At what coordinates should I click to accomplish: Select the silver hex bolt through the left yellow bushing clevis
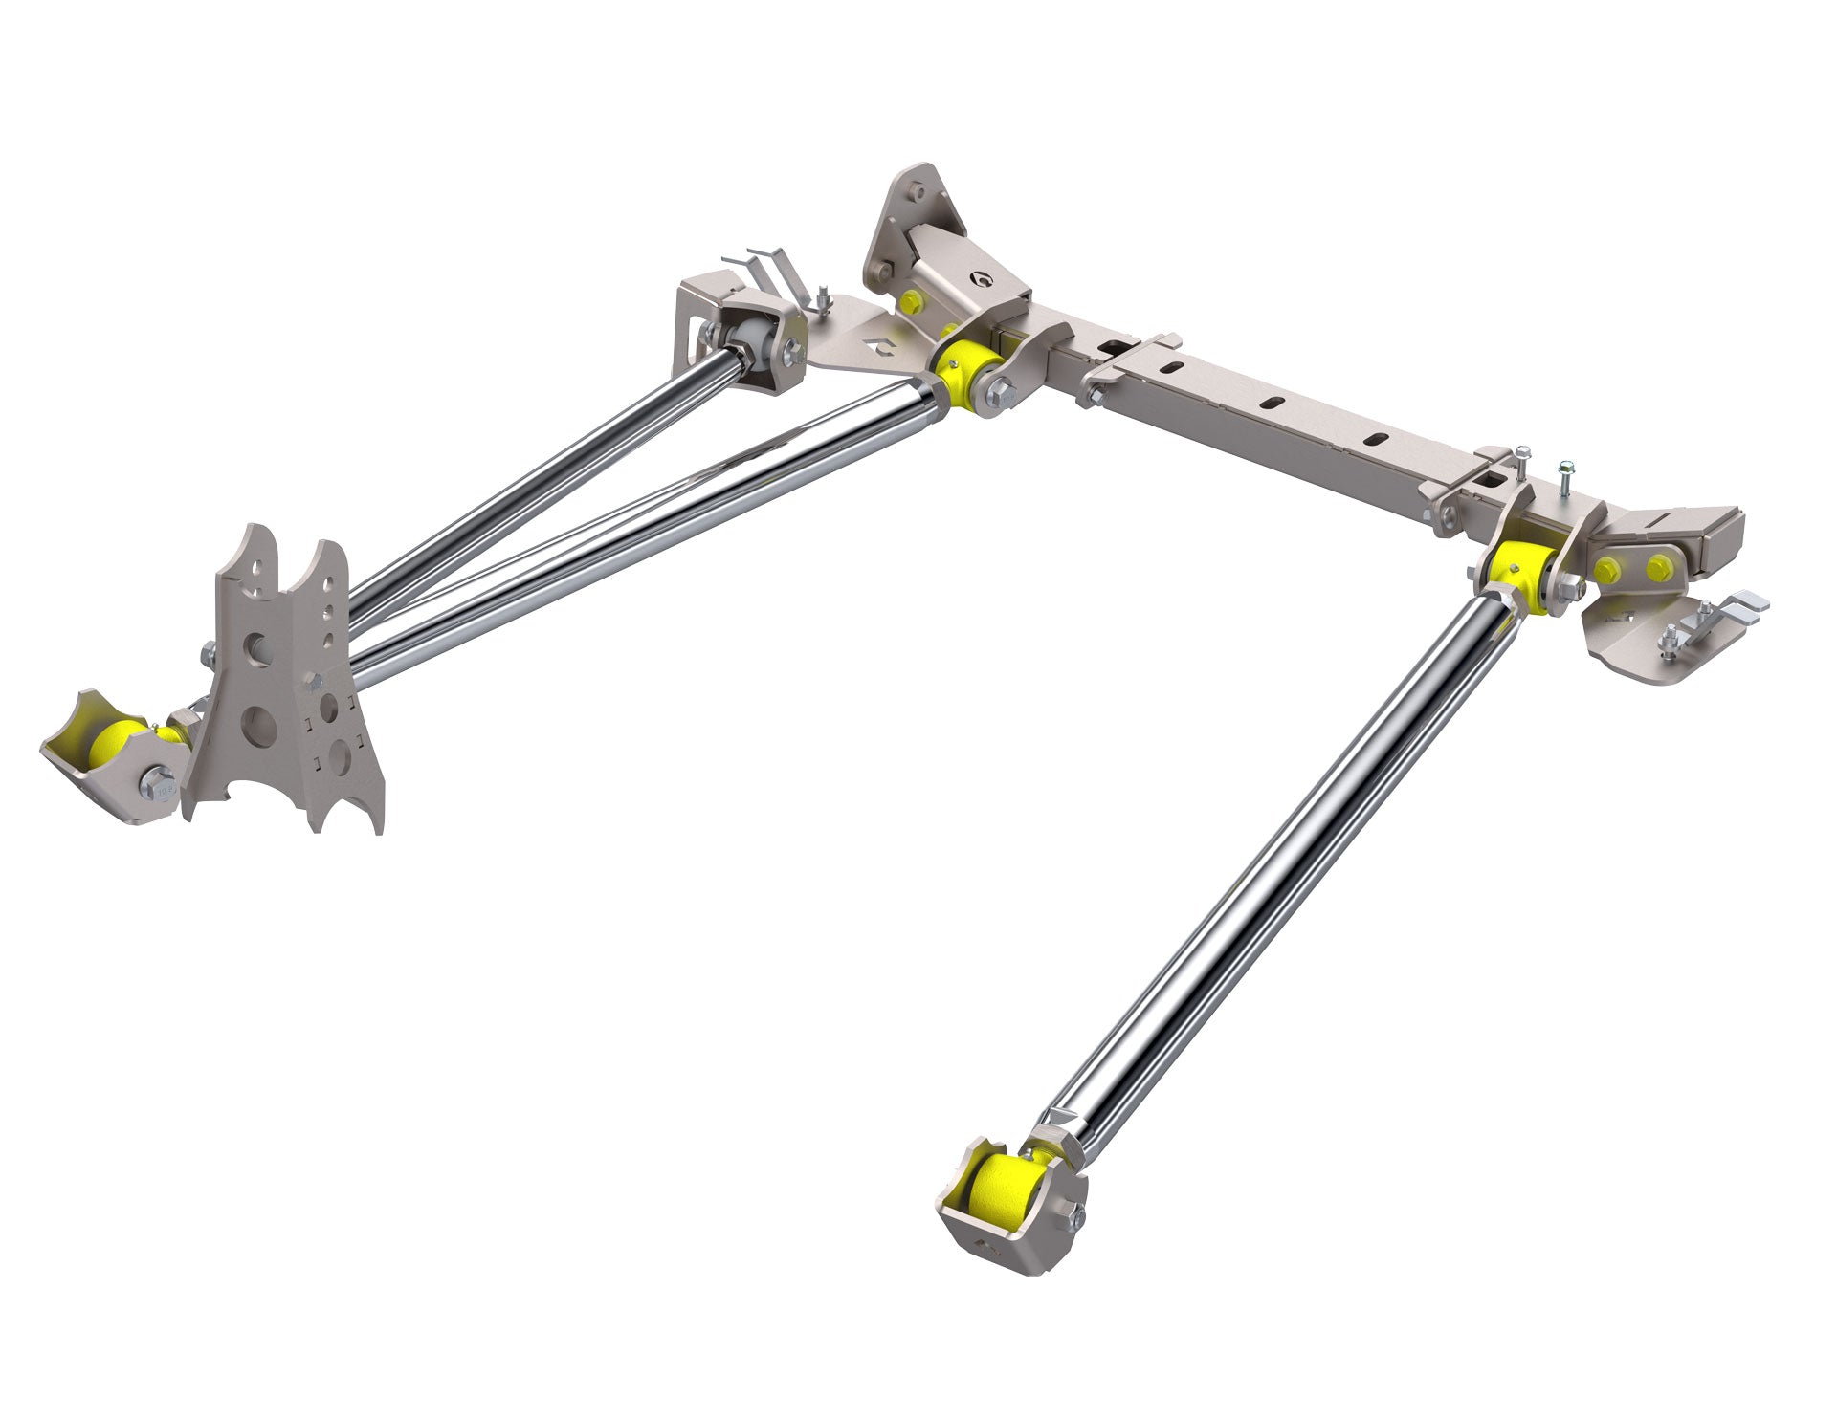(x=1002, y=392)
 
